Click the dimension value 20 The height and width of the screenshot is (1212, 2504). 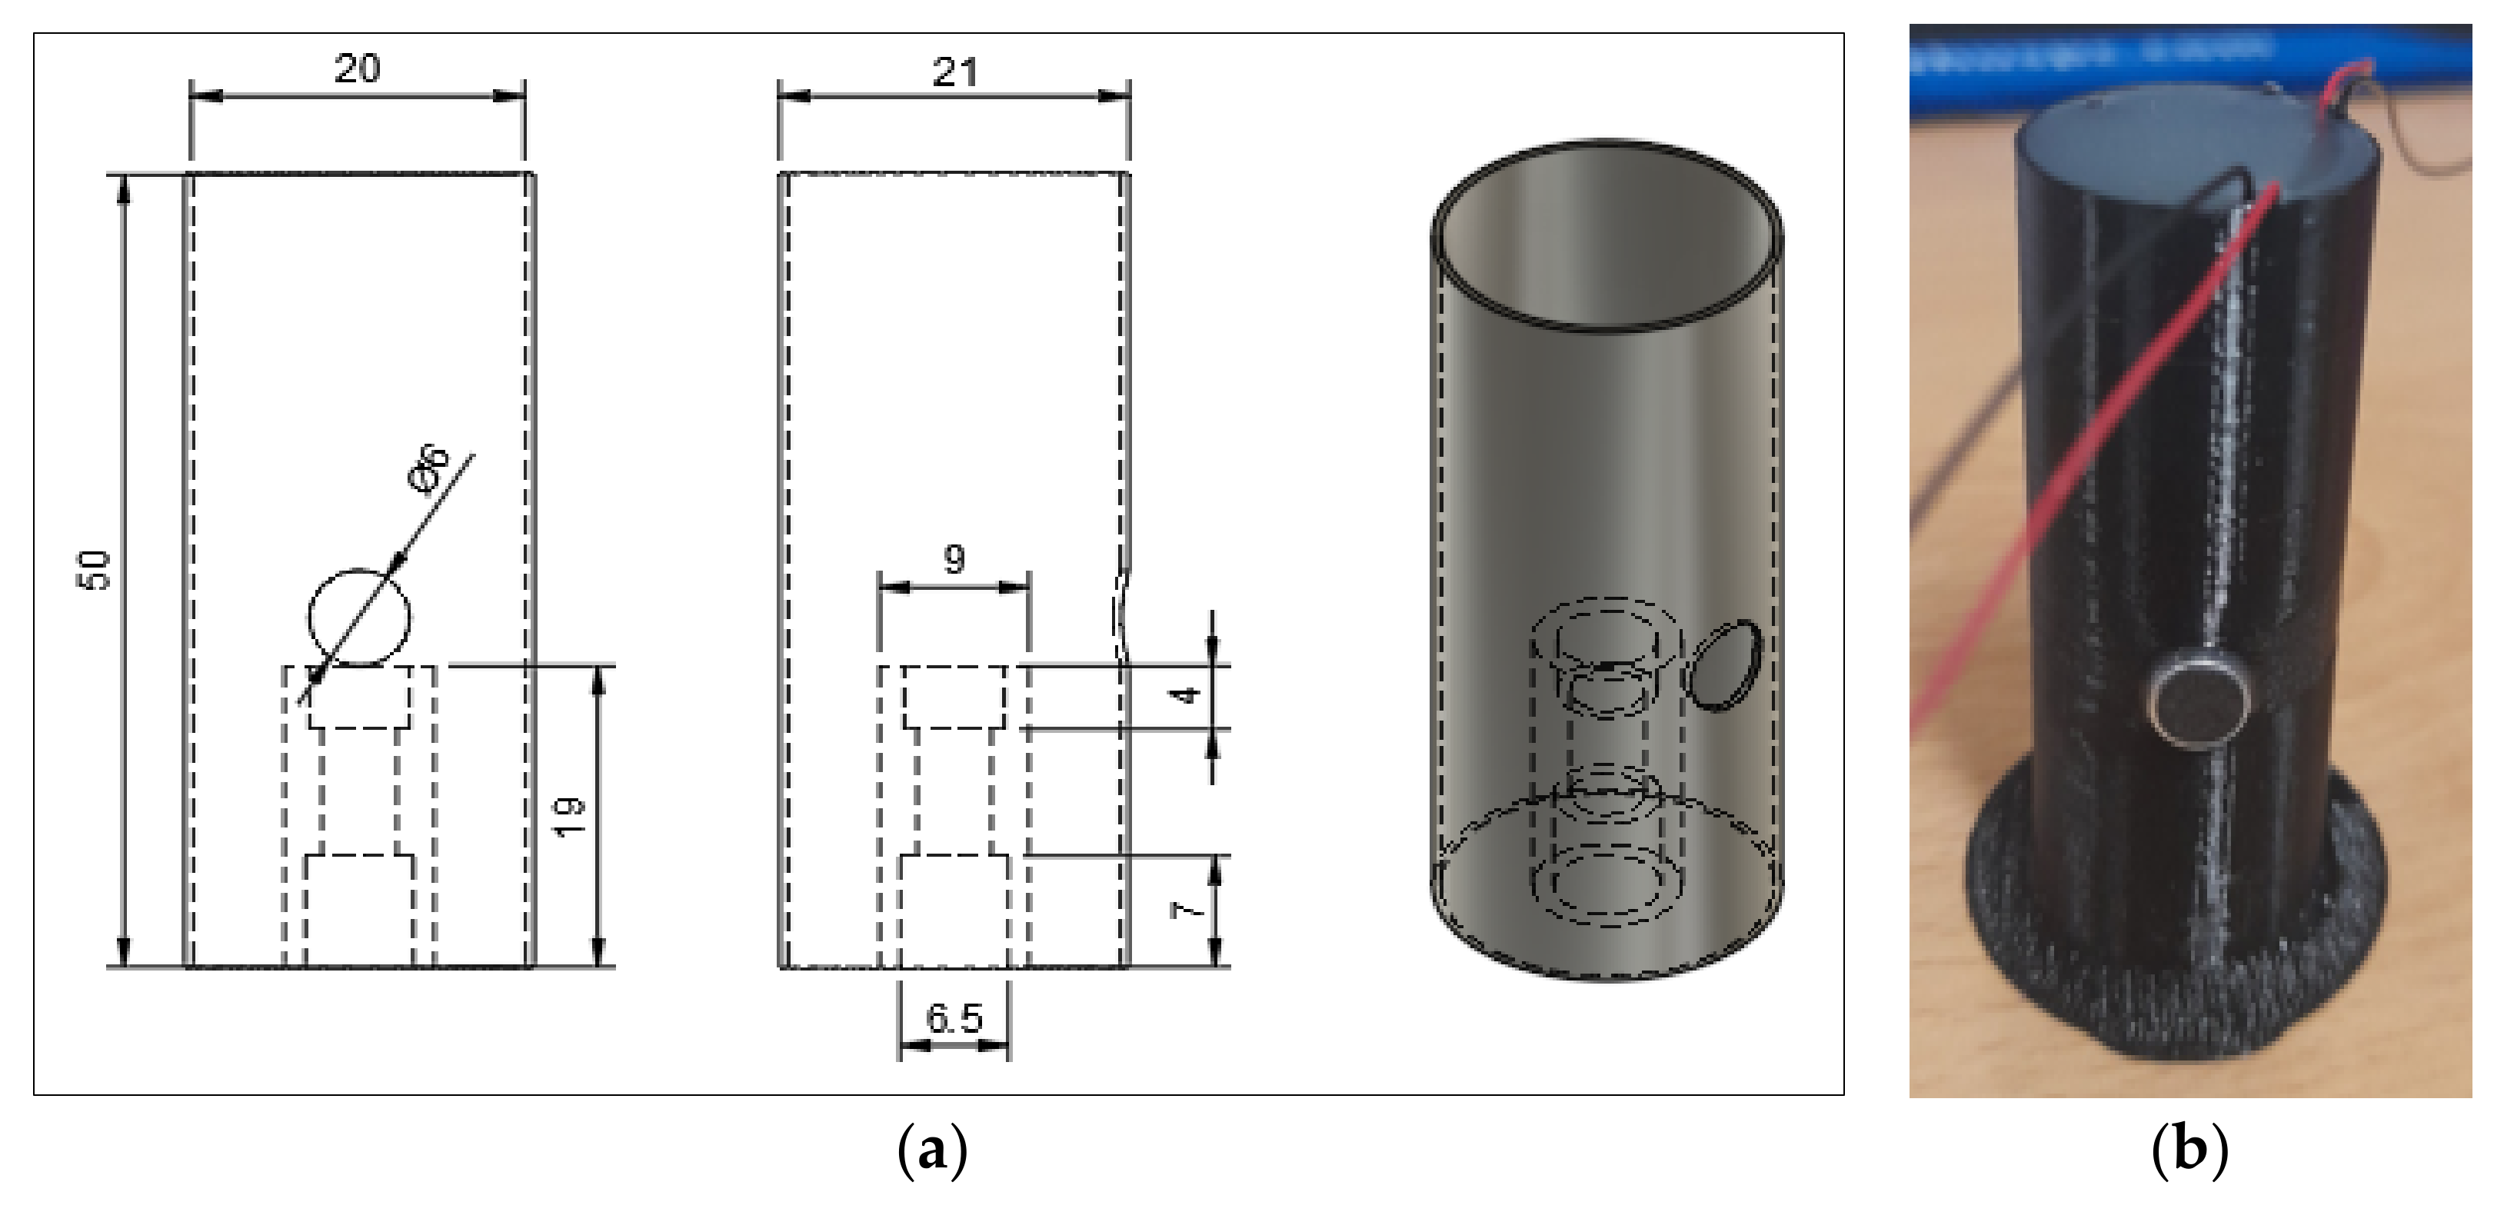pos(358,69)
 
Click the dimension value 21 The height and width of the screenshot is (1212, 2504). pos(954,73)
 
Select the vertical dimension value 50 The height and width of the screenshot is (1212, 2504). pos(96,571)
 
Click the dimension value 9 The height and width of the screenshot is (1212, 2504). pos(954,560)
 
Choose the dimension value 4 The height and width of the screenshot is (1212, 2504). pos(1187,696)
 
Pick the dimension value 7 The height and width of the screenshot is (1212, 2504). pos(1187,911)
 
